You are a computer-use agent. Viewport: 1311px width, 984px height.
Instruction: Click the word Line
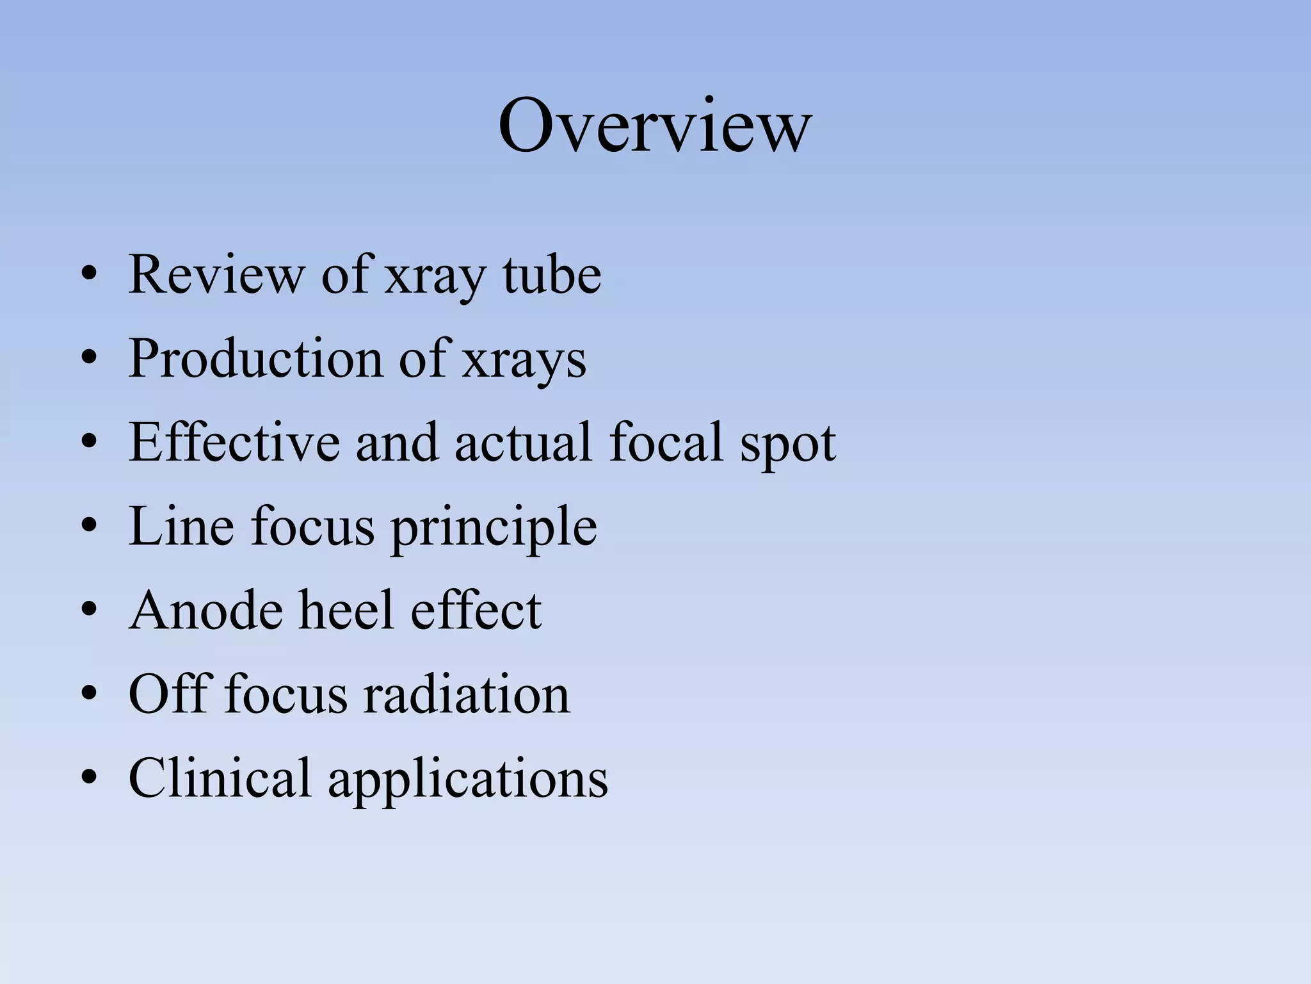(181, 526)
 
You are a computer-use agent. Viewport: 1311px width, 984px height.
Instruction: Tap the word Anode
(205, 610)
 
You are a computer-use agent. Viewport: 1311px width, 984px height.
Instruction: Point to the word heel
(346, 610)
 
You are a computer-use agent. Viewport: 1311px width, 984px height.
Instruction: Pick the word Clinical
(220, 778)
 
